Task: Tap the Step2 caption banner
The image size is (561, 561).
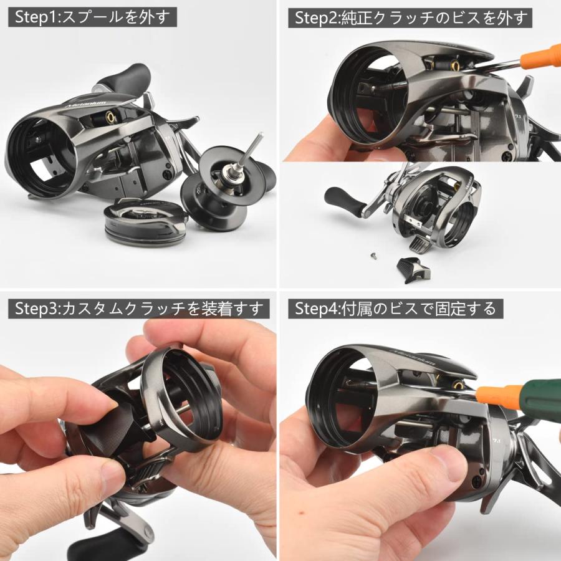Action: coord(410,17)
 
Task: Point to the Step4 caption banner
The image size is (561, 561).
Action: coord(395,308)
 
